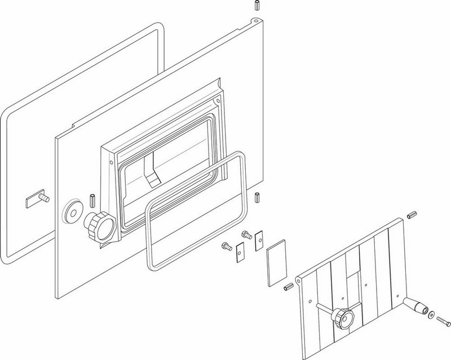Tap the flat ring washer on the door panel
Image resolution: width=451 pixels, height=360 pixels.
pyautogui.click(x=72, y=210)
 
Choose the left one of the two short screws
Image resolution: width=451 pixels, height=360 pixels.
pyautogui.click(x=227, y=245)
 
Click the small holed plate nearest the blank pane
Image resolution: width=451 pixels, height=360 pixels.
pyautogui.click(x=259, y=241)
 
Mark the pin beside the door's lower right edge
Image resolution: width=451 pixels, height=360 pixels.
pyautogui.click(x=257, y=197)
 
